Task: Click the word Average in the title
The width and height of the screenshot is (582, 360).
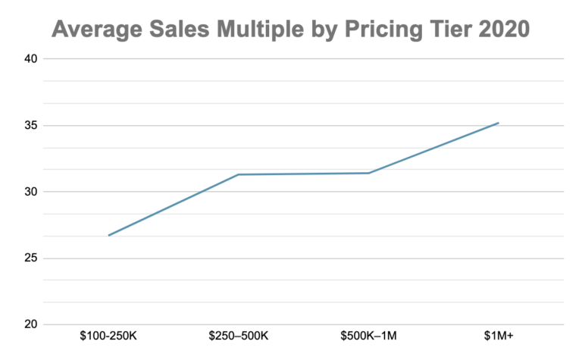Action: point(95,30)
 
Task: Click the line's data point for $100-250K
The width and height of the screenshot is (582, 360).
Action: point(109,235)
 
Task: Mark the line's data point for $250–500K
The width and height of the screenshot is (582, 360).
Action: point(239,174)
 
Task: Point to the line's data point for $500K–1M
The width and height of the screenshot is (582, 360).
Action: point(368,173)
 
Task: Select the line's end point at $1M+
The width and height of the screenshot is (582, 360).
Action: point(498,123)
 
